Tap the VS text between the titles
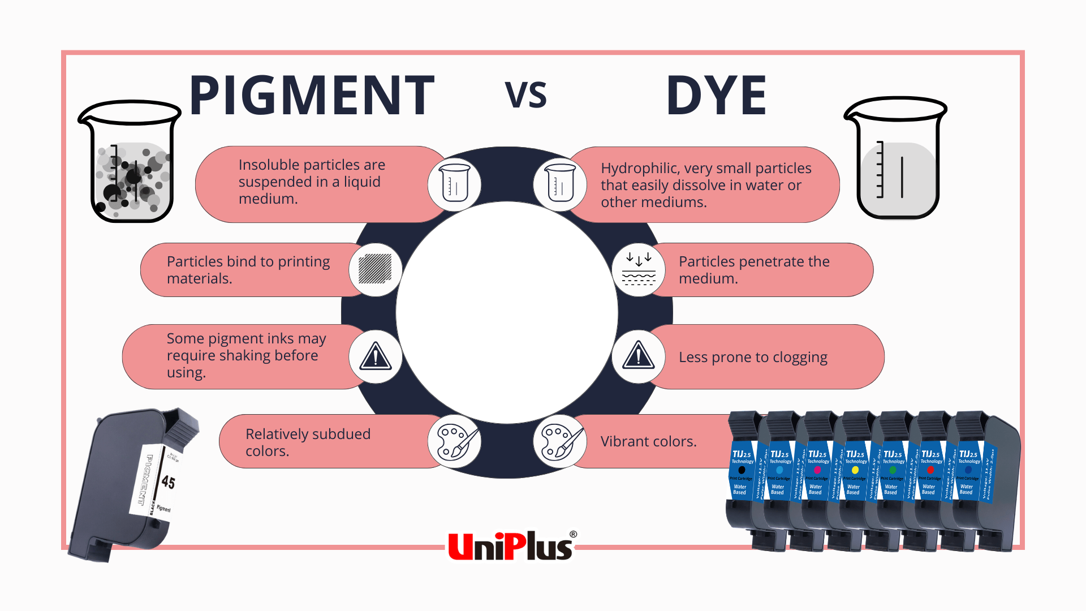[525, 95]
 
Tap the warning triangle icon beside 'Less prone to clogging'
[639, 356]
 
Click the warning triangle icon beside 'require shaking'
[375, 356]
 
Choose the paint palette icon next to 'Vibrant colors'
[560, 441]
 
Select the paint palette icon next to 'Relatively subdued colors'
[454, 441]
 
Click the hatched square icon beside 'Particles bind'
[375, 269]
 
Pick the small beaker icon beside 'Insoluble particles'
[454, 183]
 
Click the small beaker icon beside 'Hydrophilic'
[560, 183]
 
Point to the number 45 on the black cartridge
[168, 481]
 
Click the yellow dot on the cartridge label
[855, 470]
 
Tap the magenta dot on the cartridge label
[817, 470]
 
